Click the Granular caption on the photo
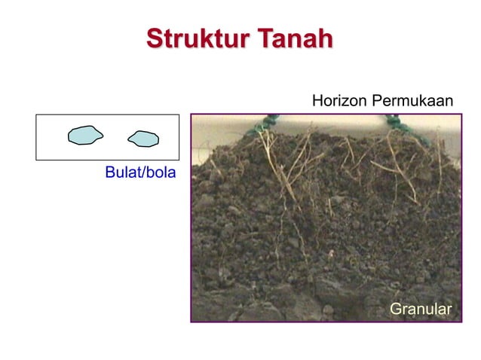pos(420,309)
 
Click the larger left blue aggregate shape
pos(85,135)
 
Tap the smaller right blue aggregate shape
pos(143,139)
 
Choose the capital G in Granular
pos(394,309)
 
